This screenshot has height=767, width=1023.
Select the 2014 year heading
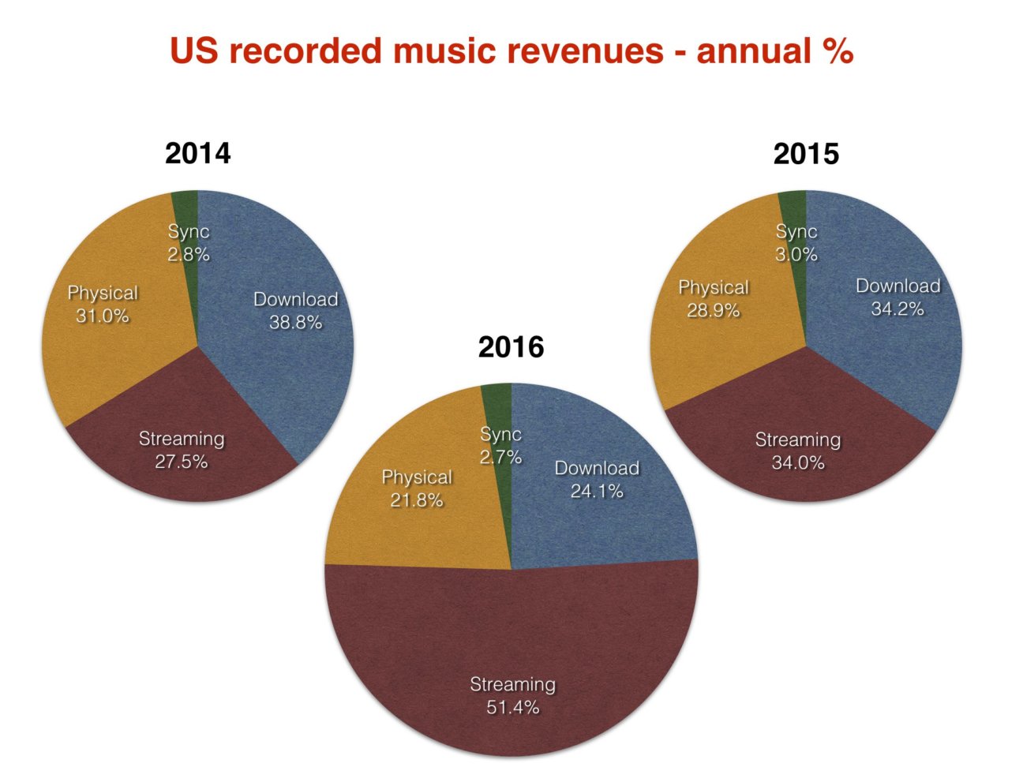[197, 153]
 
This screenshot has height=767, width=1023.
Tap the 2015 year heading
[806, 153]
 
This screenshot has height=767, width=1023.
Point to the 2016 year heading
[511, 347]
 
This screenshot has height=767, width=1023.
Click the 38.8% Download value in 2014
[295, 323]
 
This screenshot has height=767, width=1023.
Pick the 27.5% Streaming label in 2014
[182, 451]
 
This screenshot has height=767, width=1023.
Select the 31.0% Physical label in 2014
[103, 305]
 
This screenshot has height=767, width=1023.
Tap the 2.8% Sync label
[189, 243]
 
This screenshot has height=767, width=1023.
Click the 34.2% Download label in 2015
[897, 297]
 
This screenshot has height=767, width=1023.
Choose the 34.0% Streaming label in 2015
[797, 451]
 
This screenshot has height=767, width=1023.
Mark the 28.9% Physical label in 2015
[714, 299]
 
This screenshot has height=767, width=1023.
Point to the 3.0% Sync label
[796, 243]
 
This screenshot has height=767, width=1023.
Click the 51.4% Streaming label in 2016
[512, 696]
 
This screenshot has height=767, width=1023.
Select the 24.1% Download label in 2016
[597, 480]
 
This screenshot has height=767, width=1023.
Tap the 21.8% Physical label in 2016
[417, 488]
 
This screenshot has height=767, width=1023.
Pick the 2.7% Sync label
[501, 446]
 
